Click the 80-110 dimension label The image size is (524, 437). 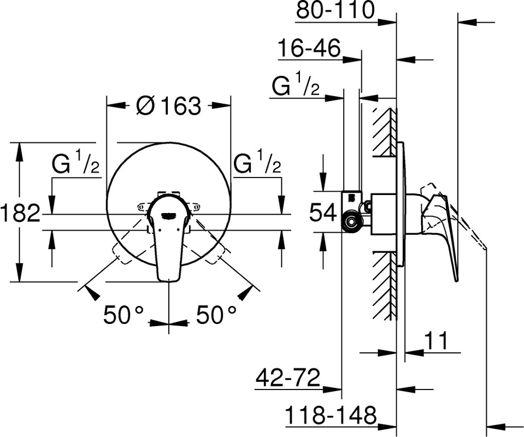[335, 10]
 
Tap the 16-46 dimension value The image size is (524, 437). [309, 48]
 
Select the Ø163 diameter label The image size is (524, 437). [169, 105]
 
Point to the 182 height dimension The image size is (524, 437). [20, 213]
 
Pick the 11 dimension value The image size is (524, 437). [435, 341]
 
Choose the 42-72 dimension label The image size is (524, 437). [288, 378]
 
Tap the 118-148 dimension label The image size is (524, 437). [331, 415]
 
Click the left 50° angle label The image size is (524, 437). [123, 315]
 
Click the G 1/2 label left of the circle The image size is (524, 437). [76, 162]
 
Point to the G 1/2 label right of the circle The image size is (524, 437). [257, 162]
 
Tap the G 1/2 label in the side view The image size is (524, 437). [296, 86]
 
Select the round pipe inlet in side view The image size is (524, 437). [351, 222]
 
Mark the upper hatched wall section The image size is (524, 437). [384, 132]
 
